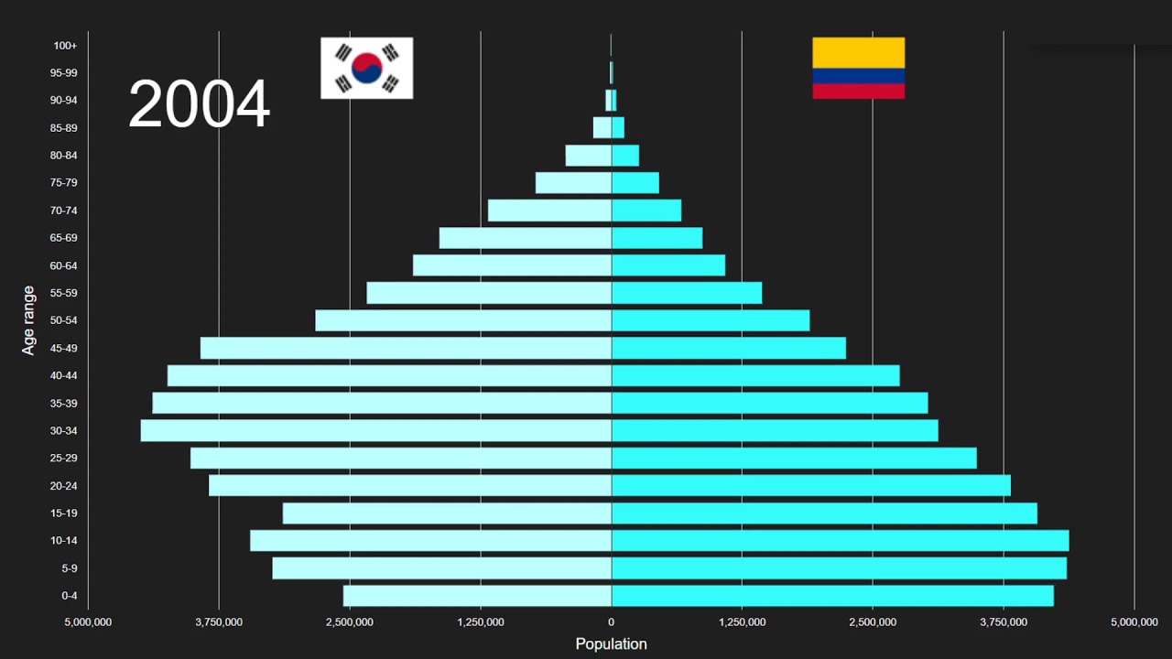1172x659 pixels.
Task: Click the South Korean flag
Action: (366, 68)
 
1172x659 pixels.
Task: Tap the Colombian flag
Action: (858, 68)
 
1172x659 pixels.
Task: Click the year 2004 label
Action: (199, 103)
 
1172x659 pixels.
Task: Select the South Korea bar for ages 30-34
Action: (375, 430)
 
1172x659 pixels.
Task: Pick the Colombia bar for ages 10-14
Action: (840, 540)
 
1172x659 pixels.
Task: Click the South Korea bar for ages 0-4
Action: (477, 596)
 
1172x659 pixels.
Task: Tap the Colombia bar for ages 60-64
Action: (668, 265)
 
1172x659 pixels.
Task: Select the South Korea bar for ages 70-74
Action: (549, 211)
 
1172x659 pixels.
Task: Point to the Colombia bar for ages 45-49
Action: (729, 348)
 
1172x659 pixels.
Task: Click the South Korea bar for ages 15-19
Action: (447, 513)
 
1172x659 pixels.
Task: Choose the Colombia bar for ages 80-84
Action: (625, 156)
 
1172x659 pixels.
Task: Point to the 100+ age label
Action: (65, 46)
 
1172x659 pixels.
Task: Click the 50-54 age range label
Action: (64, 320)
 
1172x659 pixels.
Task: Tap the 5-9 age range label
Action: (69, 568)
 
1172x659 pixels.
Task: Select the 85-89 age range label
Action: (64, 128)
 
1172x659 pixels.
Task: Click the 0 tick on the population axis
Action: (612, 622)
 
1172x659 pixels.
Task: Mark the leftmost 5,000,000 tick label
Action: (88, 622)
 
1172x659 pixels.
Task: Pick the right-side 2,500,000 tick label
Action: (873, 622)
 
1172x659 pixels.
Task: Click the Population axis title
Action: (611, 644)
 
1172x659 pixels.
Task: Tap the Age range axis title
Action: (29, 320)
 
